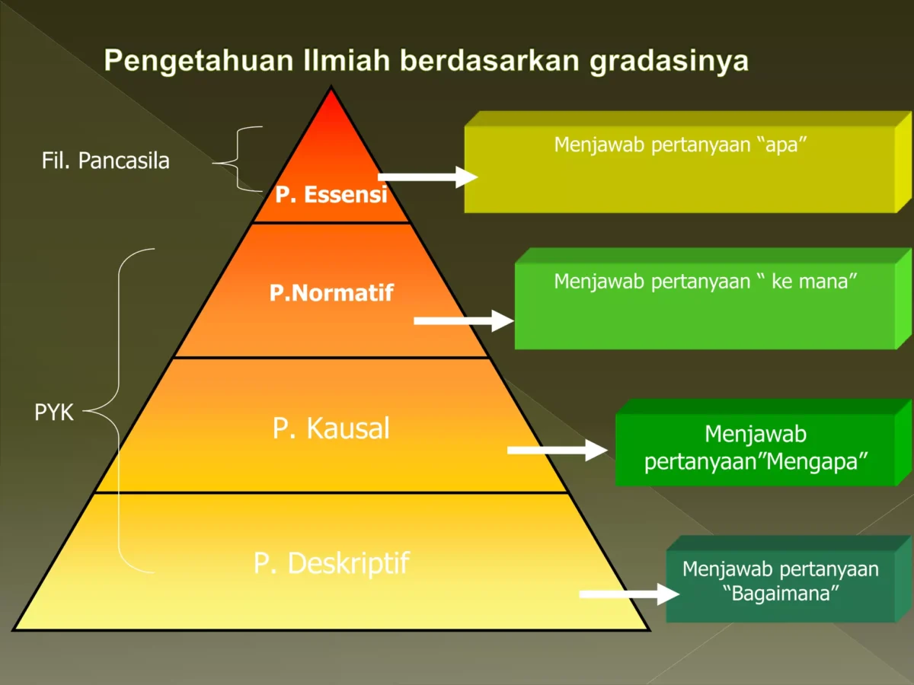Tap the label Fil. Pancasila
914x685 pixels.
105,161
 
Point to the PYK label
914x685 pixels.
54,413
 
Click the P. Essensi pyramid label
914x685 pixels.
331,195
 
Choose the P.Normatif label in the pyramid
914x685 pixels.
331,293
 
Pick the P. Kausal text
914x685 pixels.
331,429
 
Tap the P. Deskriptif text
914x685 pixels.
331,563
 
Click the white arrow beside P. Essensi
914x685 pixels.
427,177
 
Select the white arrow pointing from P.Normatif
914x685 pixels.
463,320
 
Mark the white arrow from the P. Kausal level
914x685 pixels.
557,450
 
